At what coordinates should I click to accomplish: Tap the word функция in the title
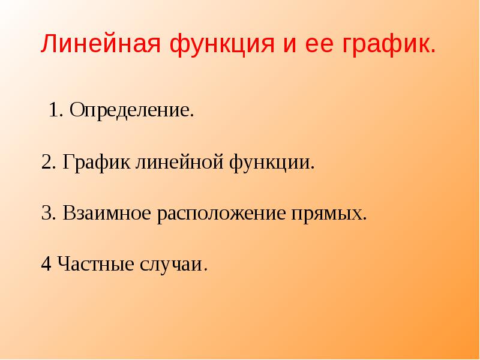pyautogui.click(x=222, y=46)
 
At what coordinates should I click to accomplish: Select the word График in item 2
pyautogui.click(x=96, y=163)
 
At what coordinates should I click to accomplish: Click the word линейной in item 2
pyautogui.click(x=179, y=163)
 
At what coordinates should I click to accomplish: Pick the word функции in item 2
pyautogui.click(x=269, y=163)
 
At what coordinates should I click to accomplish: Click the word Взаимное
pyautogui.click(x=107, y=213)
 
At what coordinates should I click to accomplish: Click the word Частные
pyautogui.click(x=95, y=264)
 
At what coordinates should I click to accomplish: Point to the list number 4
pyautogui.click(x=46, y=263)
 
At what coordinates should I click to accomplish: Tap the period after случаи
pyautogui.click(x=205, y=269)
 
